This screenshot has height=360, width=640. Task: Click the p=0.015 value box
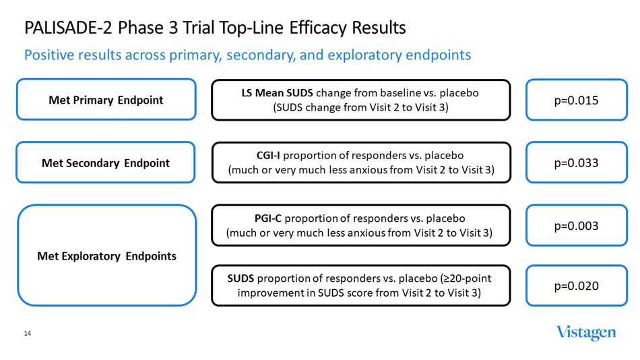[x=576, y=100]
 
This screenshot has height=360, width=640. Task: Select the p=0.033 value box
[x=576, y=162]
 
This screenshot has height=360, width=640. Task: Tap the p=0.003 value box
[x=576, y=226]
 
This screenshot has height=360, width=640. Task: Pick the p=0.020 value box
[x=576, y=286]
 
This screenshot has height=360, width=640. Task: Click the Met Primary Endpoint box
[x=106, y=100]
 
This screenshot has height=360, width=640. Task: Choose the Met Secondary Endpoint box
[x=106, y=162]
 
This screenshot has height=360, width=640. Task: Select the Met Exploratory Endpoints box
[x=106, y=256]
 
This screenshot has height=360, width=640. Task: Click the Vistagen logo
[x=585, y=332]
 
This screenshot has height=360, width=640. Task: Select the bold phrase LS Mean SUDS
[x=278, y=93]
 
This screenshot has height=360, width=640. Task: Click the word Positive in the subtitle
[x=49, y=55]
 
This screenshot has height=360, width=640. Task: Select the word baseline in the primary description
[x=404, y=93]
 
